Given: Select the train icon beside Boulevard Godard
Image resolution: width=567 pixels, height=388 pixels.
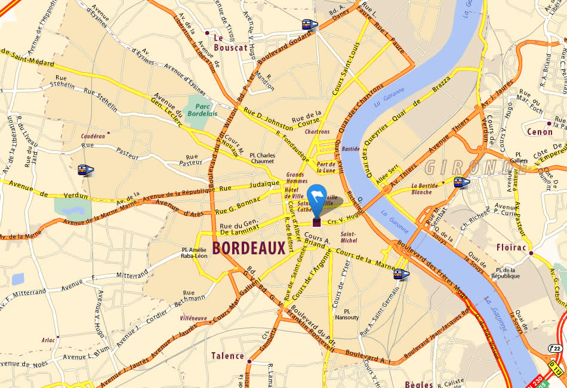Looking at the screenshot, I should point(309,25).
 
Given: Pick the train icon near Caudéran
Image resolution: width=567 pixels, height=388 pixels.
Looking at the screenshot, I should point(86,170).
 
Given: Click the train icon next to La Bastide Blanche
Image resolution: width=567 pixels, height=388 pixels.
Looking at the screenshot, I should point(461,182).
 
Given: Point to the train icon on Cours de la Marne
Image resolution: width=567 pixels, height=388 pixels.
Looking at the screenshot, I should point(401,274).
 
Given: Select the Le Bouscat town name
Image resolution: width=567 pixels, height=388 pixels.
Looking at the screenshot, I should point(230,42).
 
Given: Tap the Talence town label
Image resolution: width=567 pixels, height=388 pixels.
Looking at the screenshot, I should point(227,356).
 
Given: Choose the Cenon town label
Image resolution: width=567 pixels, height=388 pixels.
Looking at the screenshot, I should point(540,131).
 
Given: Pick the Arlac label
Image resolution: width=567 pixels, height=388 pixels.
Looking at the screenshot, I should point(49,340).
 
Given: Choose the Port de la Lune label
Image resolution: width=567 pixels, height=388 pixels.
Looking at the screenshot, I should point(326,167).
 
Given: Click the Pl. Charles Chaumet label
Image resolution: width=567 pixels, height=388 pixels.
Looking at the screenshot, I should point(262,158).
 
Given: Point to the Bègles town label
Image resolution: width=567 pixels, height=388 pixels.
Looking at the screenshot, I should point(418,384).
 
